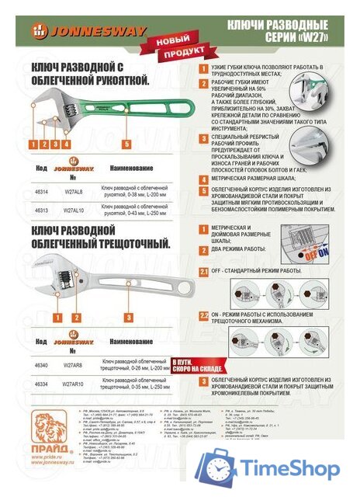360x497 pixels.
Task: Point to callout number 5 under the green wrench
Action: pos(126,144)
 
